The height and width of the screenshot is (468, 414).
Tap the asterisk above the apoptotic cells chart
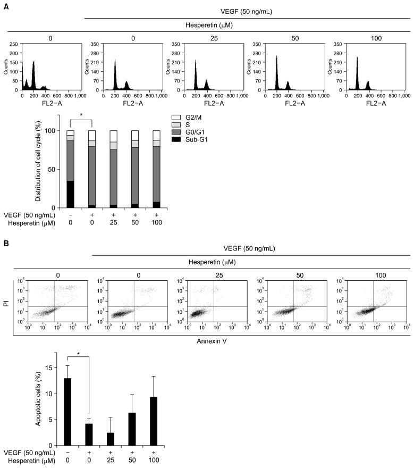point(78,353)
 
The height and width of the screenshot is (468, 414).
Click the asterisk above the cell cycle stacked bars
point(81,115)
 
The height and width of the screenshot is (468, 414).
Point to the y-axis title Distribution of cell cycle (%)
point(39,162)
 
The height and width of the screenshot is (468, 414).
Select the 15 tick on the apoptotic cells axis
point(51,368)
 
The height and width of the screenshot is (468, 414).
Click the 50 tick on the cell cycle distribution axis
point(52,170)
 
